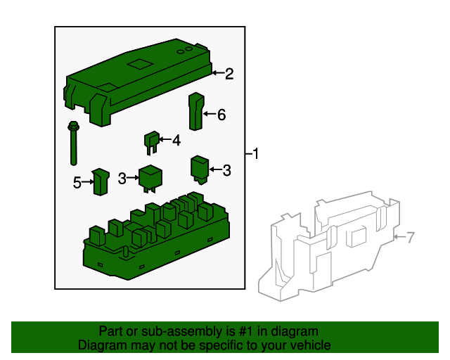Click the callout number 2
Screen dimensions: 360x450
[229, 73]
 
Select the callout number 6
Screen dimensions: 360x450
[221, 115]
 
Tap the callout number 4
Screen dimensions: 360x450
[176, 141]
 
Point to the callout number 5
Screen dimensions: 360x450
[77, 183]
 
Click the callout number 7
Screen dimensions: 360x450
[411, 238]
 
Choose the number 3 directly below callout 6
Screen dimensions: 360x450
[226, 169]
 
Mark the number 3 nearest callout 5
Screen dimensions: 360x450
[122, 179]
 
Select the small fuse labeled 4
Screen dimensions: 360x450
[151, 141]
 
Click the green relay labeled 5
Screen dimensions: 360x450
[101, 182]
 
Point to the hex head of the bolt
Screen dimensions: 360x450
[73, 127]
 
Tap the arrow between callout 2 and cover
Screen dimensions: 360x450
[217, 73]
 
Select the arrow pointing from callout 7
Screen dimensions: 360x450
[399, 238]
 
